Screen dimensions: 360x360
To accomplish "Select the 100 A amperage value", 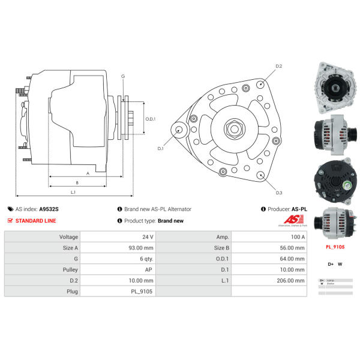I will tap(298, 237).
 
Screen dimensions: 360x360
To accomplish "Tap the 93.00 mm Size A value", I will tap(142, 248).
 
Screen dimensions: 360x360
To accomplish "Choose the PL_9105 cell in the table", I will tap(142, 291).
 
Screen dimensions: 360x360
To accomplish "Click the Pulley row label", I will tap(70, 269).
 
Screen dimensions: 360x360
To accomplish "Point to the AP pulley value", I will tap(148, 269).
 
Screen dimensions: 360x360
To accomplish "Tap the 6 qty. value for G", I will tap(146, 259).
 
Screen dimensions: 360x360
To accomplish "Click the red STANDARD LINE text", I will tap(35, 221).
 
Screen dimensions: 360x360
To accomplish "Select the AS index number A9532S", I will tap(49, 209).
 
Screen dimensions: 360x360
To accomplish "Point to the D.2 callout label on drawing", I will tap(278, 66).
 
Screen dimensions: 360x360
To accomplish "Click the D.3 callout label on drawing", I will tap(279, 193).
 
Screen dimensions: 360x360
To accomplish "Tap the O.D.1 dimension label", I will tap(151, 119).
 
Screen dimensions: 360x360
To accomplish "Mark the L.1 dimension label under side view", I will tap(73, 192).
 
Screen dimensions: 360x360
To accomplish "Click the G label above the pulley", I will tap(123, 76).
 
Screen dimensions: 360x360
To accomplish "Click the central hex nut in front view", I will tap(233, 128).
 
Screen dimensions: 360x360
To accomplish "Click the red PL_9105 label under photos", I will tap(334, 247).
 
